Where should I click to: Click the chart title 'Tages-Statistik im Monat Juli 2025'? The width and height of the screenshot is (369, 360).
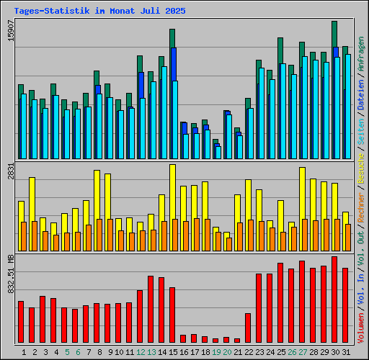click(99, 11)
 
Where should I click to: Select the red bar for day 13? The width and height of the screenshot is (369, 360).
click(151, 309)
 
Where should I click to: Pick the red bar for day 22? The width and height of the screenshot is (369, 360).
click(248, 328)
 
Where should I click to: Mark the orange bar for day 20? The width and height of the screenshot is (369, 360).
click(229, 244)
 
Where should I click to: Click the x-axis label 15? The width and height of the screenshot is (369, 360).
click(172, 352)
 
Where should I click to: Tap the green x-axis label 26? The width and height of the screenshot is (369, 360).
click(291, 352)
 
